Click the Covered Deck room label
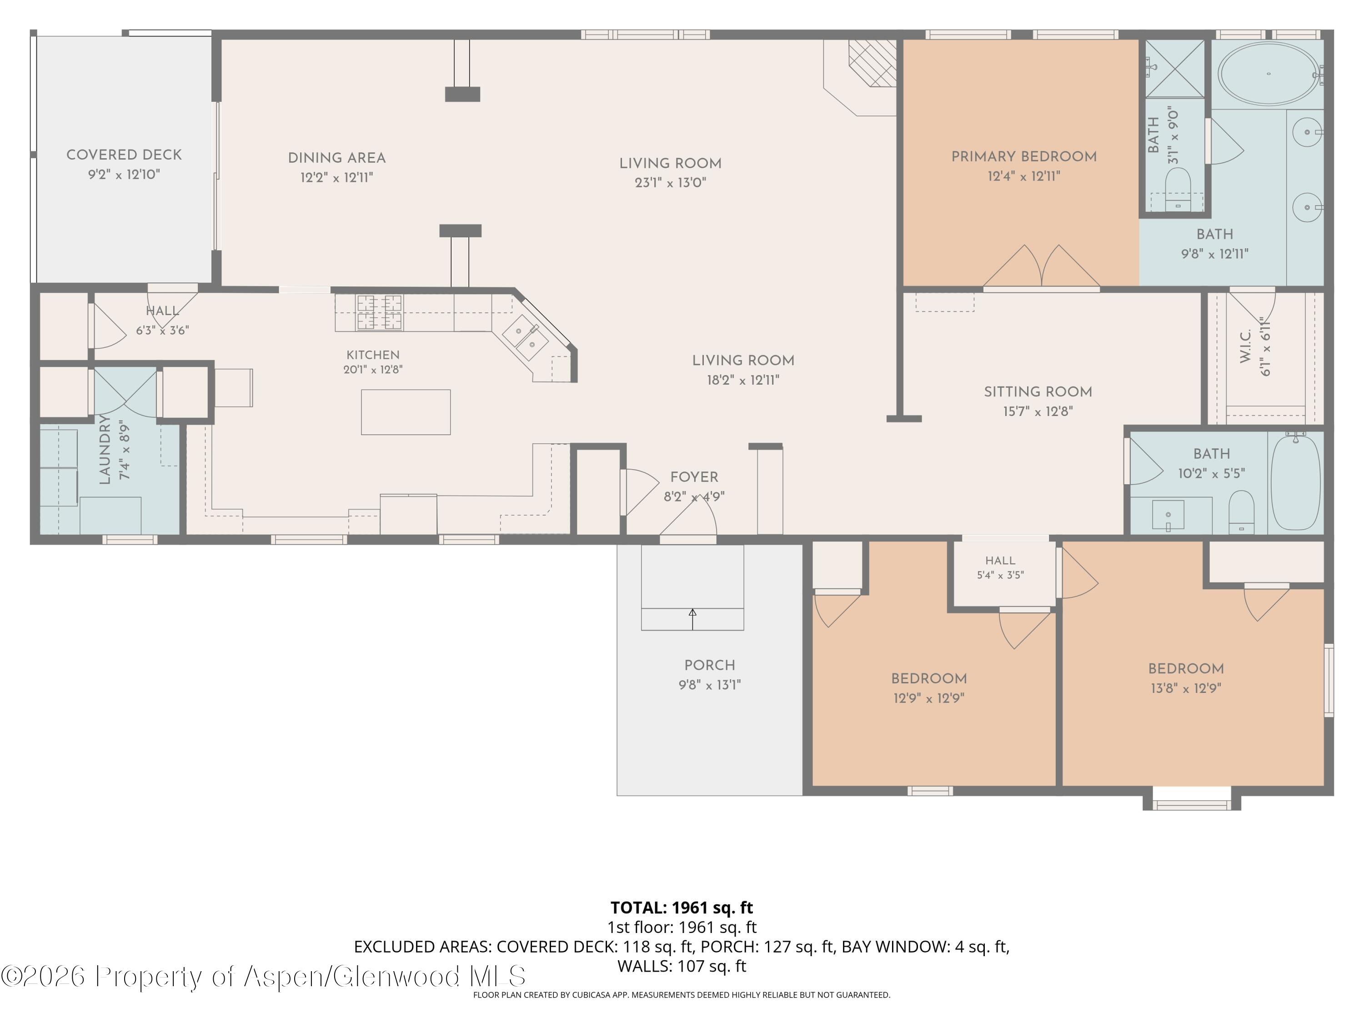click(x=124, y=155)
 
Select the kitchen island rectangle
click(x=406, y=412)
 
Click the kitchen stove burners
click(x=379, y=312)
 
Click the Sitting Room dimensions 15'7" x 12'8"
click(x=1038, y=411)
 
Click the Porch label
click(x=710, y=665)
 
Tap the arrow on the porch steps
click(x=692, y=619)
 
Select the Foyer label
click(x=694, y=477)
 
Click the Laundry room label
click(x=105, y=450)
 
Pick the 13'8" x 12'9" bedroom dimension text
click(x=1186, y=688)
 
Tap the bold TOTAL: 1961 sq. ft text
click(x=682, y=908)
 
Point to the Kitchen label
click(x=373, y=355)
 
